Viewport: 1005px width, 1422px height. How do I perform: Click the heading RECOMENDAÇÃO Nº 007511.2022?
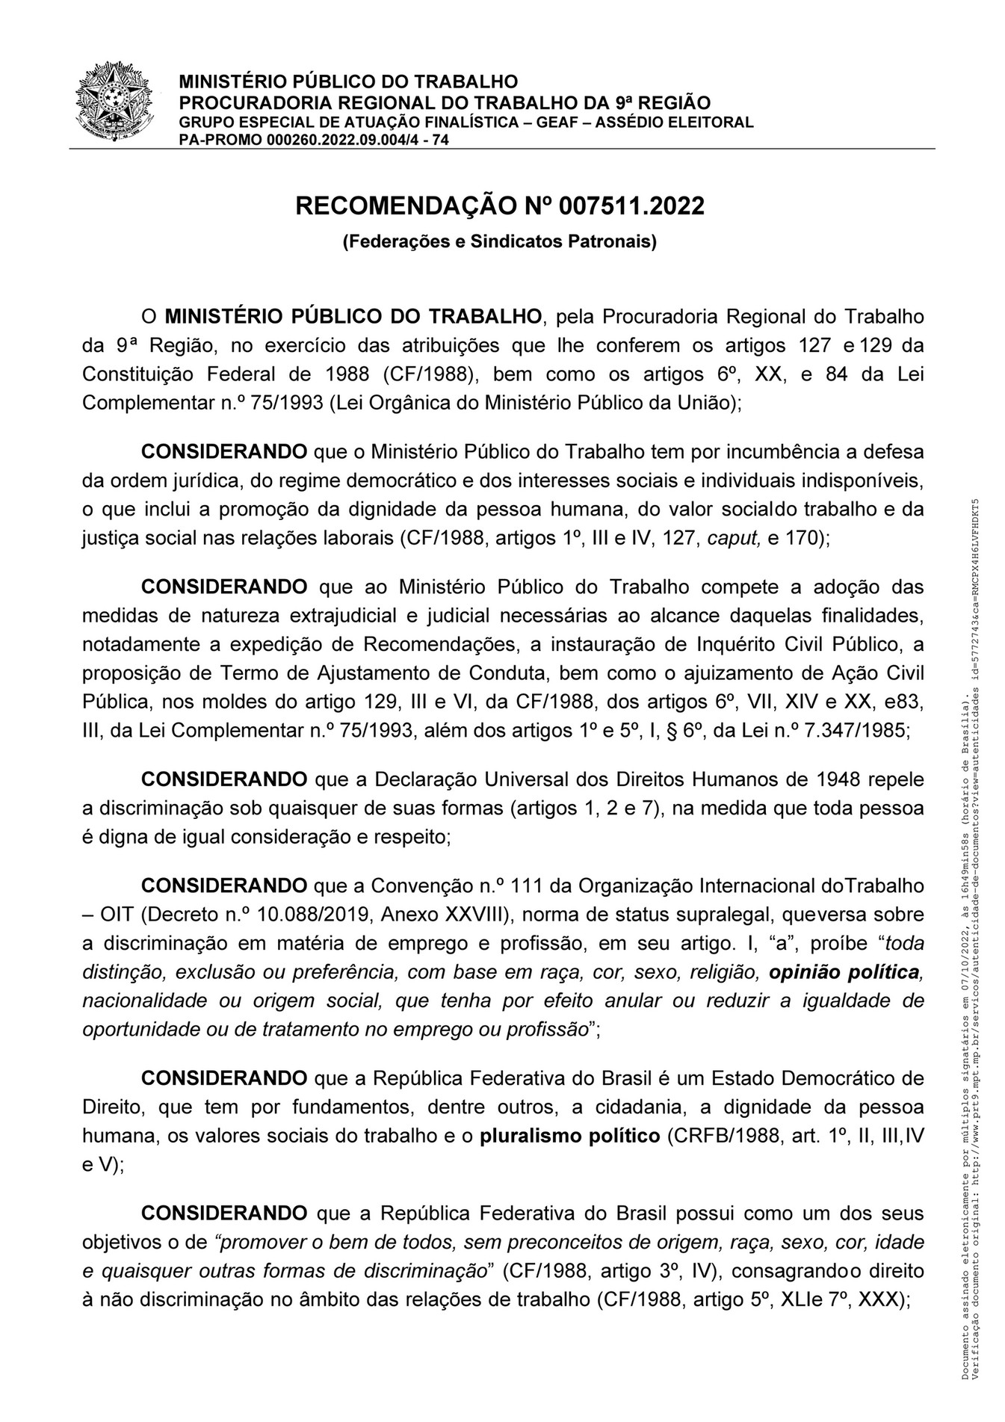pyautogui.click(x=500, y=205)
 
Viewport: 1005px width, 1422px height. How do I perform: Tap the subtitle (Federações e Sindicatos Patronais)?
pyautogui.click(x=499, y=242)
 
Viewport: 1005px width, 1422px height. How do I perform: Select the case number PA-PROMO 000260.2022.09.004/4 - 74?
pyautogui.click(x=314, y=139)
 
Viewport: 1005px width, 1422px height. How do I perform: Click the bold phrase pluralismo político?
pyautogui.click(x=570, y=1137)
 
